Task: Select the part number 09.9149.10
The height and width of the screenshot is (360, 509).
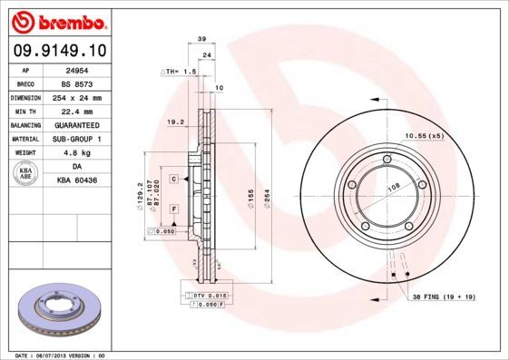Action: point(57,51)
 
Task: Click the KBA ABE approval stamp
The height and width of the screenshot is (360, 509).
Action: point(26,173)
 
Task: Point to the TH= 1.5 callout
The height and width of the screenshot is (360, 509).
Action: point(179,71)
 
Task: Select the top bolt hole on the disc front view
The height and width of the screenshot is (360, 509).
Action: point(387,161)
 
